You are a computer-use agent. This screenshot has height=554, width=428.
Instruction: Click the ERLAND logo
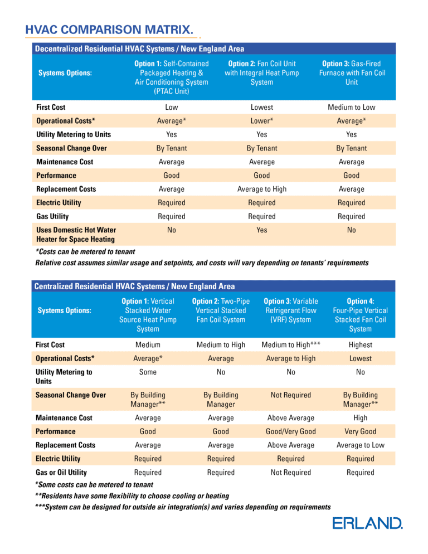[367, 523]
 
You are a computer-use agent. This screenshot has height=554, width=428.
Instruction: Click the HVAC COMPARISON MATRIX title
[110, 29]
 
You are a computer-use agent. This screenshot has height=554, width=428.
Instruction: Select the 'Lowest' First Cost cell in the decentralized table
[261, 107]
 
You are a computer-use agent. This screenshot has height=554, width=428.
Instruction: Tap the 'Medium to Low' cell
[351, 107]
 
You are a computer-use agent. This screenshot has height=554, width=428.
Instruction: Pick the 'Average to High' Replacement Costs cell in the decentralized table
[261, 189]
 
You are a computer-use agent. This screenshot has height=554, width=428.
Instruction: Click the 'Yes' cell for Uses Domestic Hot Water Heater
[261, 230]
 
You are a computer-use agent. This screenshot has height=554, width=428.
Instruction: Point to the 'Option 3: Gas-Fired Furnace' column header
[351, 73]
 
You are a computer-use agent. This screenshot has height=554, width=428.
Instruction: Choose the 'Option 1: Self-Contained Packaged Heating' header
[171, 77]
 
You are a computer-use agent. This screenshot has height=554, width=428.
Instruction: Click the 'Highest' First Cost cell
[360, 345]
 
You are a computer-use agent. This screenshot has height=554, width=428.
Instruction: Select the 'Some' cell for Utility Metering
[148, 372]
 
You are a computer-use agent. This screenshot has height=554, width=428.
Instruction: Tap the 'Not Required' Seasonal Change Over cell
[290, 395]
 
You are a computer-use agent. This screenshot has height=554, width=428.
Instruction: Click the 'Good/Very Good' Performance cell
[290, 431]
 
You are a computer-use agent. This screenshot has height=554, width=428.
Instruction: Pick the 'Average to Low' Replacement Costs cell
[360, 445]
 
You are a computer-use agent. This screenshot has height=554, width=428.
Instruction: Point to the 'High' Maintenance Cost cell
[360, 418]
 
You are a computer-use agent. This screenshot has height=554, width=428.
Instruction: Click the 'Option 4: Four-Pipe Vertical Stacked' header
[360, 315]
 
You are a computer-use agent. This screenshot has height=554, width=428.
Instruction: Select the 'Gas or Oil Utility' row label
[61, 473]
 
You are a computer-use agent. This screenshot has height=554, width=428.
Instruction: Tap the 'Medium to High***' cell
[290, 345]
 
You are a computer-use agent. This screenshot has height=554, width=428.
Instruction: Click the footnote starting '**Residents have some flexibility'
[132, 496]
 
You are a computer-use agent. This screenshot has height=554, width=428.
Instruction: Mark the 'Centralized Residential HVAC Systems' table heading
[134, 286]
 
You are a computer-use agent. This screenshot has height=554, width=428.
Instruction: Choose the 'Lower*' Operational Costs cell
[261, 121]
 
